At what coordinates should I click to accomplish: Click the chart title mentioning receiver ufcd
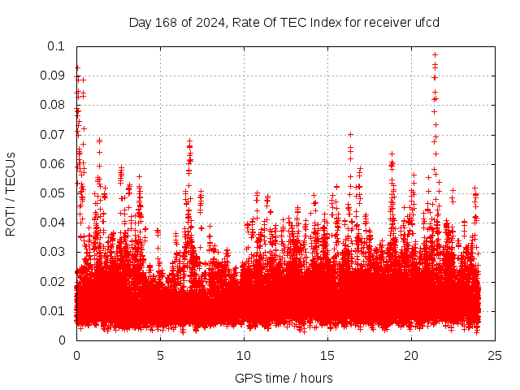(x=284, y=22)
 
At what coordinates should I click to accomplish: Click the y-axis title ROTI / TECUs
(x=11, y=193)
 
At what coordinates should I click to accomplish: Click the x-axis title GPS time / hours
(x=284, y=378)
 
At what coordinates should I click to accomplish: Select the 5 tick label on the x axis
(x=160, y=355)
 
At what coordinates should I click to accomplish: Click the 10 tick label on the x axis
(x=244, y=355)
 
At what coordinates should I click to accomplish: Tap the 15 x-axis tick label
(x=327, y=355)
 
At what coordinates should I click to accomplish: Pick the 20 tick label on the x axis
(x=411, y=355)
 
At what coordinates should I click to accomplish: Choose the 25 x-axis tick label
(x=495, y=355)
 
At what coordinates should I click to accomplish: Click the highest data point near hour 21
(x=435, y=54)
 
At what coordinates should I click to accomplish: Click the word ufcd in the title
(x=426, y=22)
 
